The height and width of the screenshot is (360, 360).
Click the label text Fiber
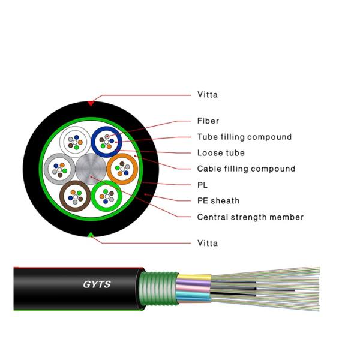208,121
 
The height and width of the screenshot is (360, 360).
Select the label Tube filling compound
244,137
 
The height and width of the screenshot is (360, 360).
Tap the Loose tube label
221,153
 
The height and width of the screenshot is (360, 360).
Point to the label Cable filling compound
246,169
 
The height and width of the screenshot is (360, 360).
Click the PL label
202,185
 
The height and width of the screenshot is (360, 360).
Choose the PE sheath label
218,200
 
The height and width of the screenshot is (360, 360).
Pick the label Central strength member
250,217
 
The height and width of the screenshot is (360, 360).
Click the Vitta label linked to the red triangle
208,95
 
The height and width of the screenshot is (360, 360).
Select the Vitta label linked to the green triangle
208,243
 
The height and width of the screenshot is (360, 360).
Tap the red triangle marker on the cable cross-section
91,103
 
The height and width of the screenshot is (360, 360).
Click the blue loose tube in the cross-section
107,142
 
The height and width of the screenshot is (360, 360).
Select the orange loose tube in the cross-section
122,169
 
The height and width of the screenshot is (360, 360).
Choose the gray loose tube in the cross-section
60,169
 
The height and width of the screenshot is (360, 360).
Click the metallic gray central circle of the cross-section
91,169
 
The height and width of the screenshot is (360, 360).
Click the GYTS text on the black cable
97,285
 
